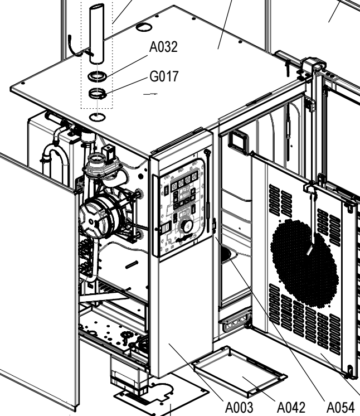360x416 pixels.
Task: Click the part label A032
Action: click(163, 47)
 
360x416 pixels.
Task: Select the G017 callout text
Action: click(163, 76)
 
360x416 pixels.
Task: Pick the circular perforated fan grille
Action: click(304, 254)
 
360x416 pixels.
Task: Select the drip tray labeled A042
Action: click(240, 373)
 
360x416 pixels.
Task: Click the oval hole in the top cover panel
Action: click(144, 27)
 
